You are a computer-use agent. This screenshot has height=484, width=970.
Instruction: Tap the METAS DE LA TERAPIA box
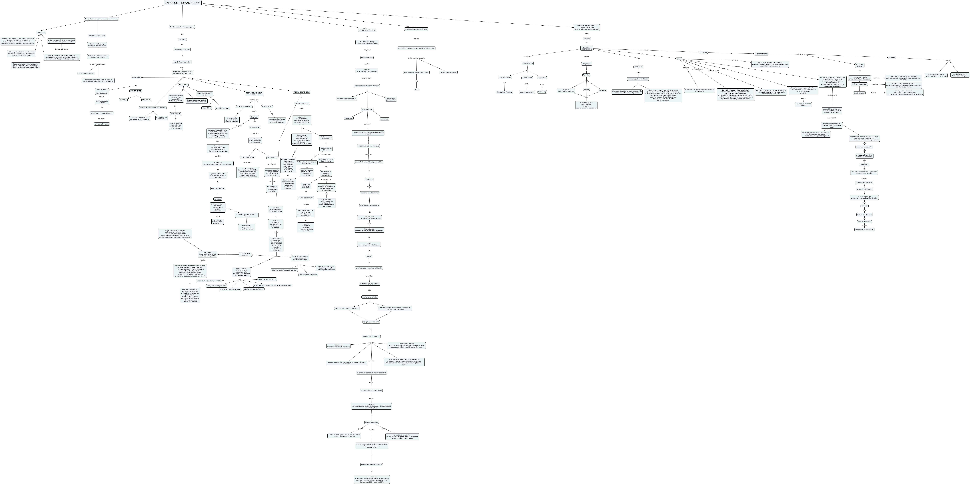[x=367, y=30]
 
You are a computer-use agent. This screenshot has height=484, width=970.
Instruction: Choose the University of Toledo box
[x=526, y=92]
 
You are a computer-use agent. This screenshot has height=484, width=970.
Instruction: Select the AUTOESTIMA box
[x=267, y=107]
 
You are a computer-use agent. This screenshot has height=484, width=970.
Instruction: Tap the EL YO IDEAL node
[x=272, y=158]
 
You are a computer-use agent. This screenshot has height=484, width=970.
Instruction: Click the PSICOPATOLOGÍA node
[x=218, y=188]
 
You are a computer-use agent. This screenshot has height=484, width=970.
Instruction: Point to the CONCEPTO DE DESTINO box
[x=245, y=254]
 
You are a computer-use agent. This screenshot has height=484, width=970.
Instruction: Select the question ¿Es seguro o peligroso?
[x=308, y=275]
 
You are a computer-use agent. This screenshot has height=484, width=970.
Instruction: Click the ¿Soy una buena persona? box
[x=216, y=286]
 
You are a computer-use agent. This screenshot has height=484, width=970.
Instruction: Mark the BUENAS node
[x=123, y=100]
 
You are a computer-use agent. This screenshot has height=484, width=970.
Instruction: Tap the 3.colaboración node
[x=859, y=93]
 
